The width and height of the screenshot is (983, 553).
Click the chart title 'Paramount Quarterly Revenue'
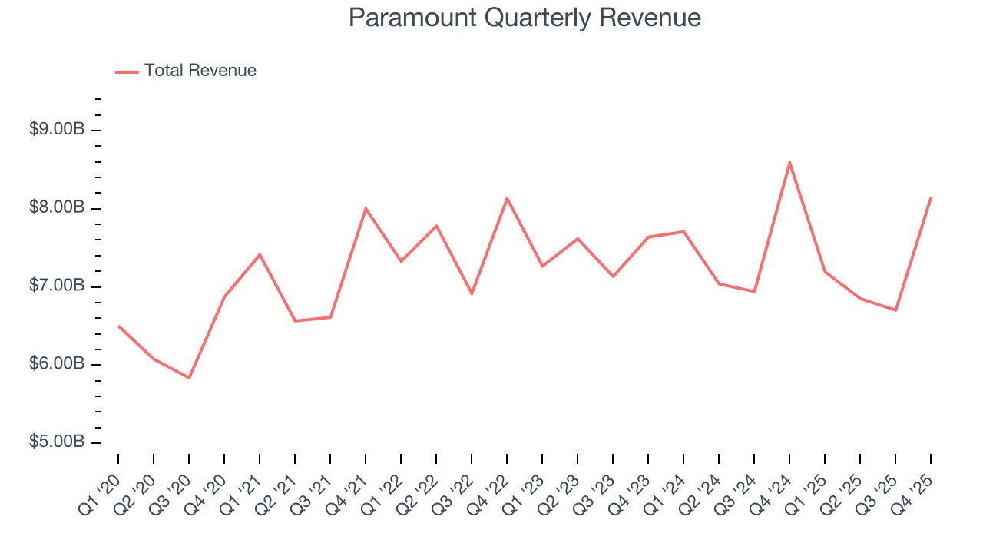click(525, 18)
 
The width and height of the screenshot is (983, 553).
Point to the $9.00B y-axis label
click(57, 130)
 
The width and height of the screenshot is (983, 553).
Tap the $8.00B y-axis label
click(57, 208)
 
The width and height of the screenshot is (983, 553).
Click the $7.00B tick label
click(57, 286)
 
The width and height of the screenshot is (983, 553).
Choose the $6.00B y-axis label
click(57, 364)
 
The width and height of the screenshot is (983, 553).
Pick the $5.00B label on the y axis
click(57, 442)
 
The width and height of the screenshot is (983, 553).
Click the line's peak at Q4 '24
click(789, 162)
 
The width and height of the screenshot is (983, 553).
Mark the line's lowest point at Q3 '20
click(189, 378)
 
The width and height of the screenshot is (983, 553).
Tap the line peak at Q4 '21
click(366, 208)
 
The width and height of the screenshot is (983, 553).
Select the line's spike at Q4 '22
click(507, 198)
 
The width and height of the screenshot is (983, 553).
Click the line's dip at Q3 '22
click(472, 293)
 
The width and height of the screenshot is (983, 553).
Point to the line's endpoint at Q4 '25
click(931, 197)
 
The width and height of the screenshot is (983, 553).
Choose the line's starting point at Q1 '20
click(118, 326)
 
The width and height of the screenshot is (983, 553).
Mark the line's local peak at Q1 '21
click(260, 254)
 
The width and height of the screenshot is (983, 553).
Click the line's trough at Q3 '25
click(895, 310)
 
